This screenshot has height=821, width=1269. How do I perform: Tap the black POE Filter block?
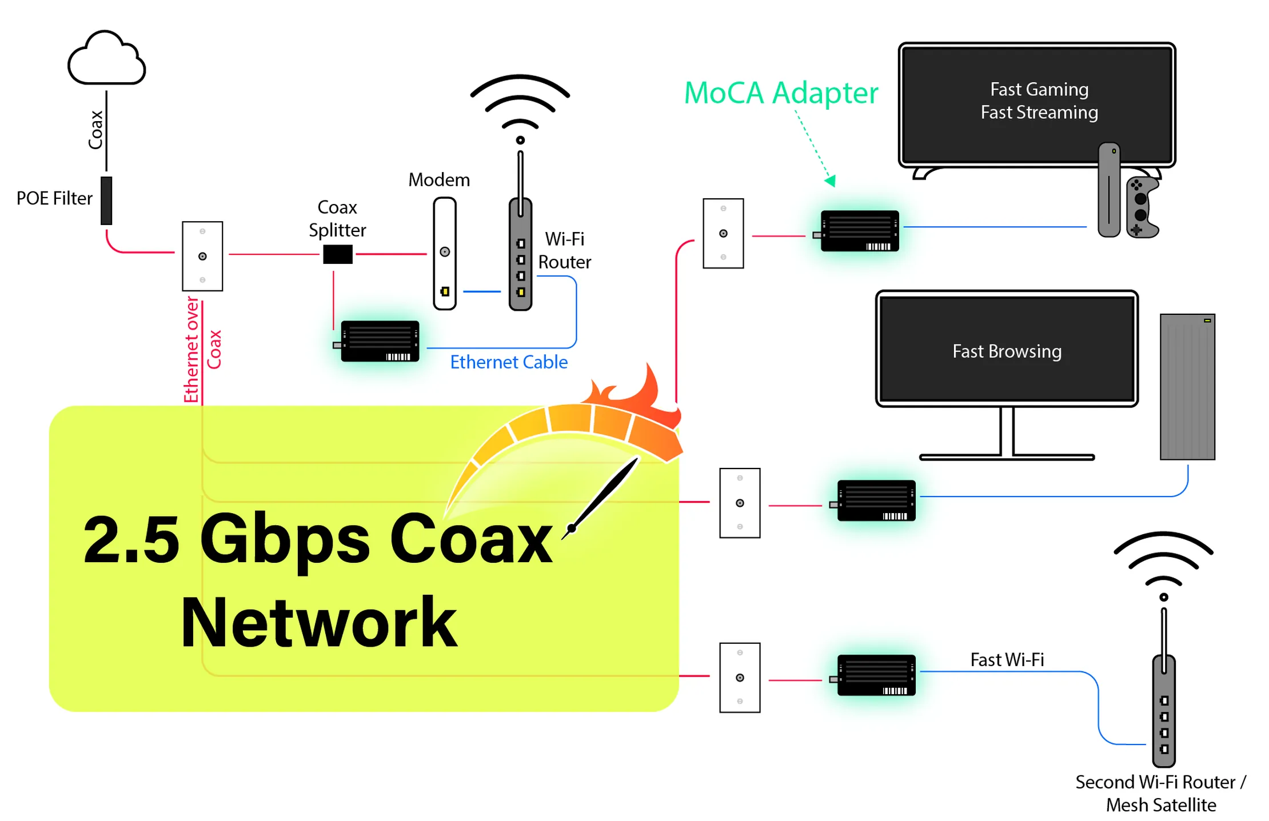click(x=106, y=200)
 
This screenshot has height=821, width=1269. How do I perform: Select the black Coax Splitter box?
click(x=337, y=254)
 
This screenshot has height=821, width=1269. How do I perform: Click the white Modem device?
click(x=444, y=253)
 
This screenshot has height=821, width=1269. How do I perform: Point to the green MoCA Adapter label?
click(x=780, y=93)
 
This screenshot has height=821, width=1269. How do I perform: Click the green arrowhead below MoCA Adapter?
click(x=831, y=181)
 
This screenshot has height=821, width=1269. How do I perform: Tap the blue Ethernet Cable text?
click(x=508, y=362)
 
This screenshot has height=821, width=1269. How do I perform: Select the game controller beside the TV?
click(x=1142, y=207)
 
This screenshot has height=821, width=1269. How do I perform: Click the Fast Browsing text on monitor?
click(x=1006, y=351)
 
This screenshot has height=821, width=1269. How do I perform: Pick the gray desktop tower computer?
click(x=1187, y=387)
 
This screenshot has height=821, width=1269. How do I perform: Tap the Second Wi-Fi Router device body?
click(x=1163, y=711)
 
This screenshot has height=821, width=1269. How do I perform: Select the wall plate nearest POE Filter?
click(x=202, y=256)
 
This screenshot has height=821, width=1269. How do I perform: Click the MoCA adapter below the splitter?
click(x=380, y=341)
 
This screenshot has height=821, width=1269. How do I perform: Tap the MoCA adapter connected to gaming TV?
click(x=859, y=231)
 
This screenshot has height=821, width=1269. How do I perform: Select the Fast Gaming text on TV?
click(x=1039, y=90)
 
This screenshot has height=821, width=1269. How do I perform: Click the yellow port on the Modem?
click(x=445, y=291)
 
